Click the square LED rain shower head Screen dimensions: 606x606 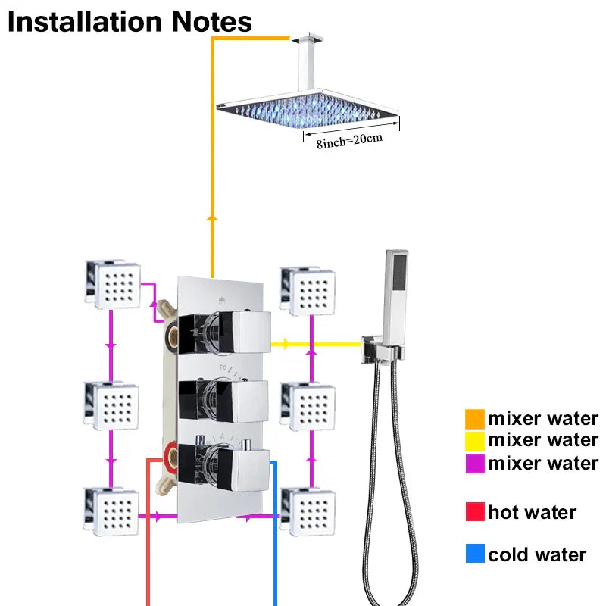point(308,109)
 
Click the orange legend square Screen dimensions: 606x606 point(475,418)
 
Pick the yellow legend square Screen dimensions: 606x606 point(475,440)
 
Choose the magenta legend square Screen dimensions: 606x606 point(475,462)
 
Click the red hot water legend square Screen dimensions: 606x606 point(475,513)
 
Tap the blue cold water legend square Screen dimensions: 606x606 point(475,554)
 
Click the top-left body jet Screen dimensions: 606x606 point(114,284)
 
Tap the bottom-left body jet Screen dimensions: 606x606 point(113,512)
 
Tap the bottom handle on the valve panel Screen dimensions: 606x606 point(235,461)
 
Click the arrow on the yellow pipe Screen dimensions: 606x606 point(285,344)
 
